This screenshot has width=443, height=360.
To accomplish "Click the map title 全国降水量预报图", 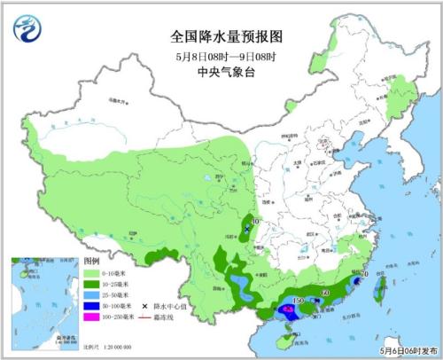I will (221, 37).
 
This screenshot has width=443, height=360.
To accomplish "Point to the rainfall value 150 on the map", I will (298, 301).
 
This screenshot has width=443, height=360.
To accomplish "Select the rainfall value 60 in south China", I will (325, 292).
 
